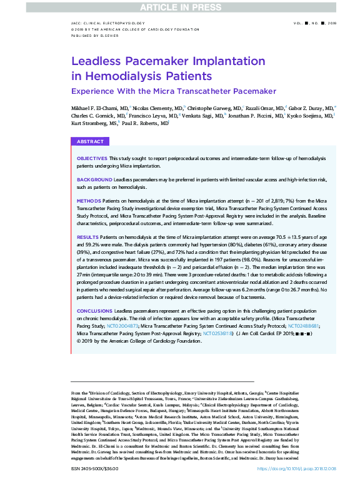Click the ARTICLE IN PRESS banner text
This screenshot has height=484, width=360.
(x=180, y=7)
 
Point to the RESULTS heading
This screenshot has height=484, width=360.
(x=87, y=238)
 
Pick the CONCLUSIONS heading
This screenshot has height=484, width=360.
(x=95, y=311)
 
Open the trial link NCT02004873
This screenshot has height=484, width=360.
(x=122, y=326)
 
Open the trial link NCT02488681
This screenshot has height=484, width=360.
(x=304, y=326)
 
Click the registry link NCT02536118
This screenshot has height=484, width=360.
(x=218, y=334)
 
